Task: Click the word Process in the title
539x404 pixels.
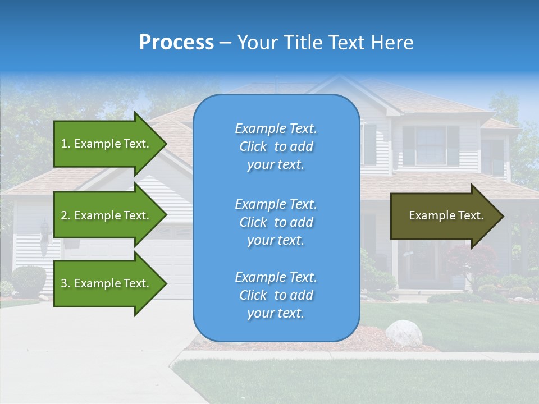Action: point(176,42)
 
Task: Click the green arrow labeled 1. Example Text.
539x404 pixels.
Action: point(107,144)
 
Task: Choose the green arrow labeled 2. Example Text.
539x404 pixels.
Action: point(107,215)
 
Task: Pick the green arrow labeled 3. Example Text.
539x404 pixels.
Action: point(107,283)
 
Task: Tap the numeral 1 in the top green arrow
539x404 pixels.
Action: point(64,144)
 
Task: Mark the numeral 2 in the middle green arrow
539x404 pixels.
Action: point(64,215)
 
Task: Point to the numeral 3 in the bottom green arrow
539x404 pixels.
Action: point(64,283)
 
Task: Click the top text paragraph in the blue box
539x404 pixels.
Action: point(276,146)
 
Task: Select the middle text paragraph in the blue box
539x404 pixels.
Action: point(276,222)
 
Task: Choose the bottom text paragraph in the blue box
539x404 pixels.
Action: point(276,295)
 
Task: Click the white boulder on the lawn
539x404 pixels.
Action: point(404,333)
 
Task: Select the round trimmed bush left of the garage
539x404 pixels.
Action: point(28,281)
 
